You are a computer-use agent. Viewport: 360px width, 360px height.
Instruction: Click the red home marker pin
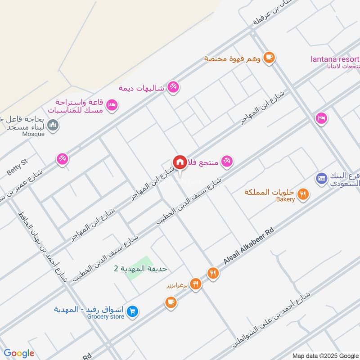pos(180,162)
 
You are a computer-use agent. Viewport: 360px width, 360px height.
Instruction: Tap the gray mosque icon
pos(53,125)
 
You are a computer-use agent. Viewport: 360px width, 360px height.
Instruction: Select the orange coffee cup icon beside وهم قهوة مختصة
pos(269,57)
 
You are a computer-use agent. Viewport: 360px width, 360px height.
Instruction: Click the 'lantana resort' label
pos(335,59)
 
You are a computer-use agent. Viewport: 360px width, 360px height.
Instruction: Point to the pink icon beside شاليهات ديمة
pos(173,87)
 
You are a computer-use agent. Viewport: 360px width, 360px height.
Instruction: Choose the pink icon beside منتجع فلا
pos(227,161)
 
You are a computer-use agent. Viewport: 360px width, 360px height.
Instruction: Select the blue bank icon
pos(321,178)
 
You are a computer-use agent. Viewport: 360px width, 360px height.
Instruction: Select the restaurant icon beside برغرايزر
pos(195,283)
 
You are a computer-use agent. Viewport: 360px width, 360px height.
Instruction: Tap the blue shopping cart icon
pos(132,311)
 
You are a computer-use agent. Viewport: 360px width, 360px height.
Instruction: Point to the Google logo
pos(19,353)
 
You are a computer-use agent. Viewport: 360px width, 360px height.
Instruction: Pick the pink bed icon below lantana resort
pos(321,118)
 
